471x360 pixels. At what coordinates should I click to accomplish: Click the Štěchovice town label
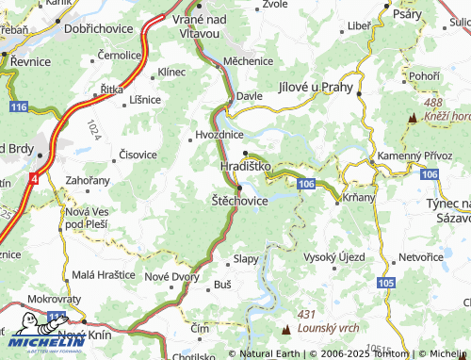(x=238, y=201)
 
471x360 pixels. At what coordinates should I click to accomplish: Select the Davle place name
(x=250, y=96)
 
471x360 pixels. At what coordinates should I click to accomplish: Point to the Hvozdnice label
(x=219, y=137)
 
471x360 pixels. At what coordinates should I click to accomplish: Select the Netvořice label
(x=421, y=255)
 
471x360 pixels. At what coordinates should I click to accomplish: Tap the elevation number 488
(x=433, y=102)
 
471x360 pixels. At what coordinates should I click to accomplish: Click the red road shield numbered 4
(x=34, y=176)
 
